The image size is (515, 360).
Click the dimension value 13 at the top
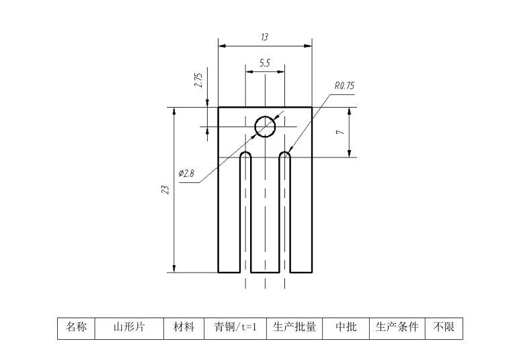pos(265,38)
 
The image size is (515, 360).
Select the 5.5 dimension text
pos(265,63)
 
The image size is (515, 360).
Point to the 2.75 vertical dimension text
pos(198,80)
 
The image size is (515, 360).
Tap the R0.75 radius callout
pos(344,86)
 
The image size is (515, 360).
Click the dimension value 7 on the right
pos(341,132)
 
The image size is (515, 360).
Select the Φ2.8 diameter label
pos(186,174)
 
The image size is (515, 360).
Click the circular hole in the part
pos(265,126)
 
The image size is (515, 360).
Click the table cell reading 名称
pos(76,328)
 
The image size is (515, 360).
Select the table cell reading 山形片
pos(129,328)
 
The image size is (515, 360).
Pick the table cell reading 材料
pos(184,328)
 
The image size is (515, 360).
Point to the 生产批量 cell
pos(294,328)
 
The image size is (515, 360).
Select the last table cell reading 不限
pos(444,328)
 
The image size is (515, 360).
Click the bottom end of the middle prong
pos(265,271)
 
